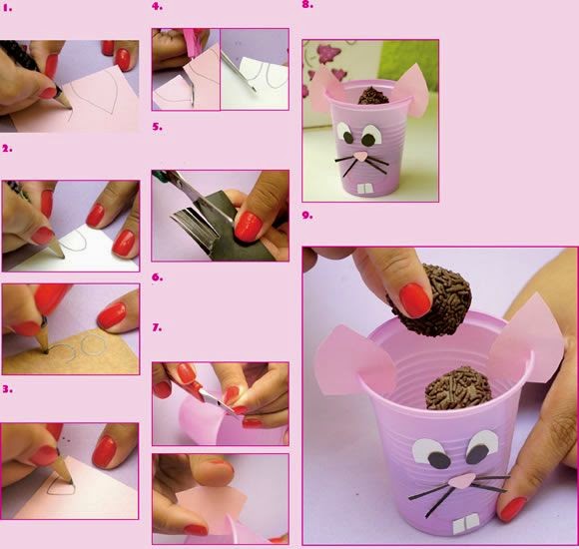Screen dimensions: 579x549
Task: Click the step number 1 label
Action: click(7, 8)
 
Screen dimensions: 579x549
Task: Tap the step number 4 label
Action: click(157, 6)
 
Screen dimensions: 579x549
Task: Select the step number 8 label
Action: click(307, 5)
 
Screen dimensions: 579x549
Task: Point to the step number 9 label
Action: click(307, 215)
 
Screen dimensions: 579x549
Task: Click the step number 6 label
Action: click(157, 276)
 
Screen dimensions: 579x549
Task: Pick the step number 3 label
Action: click(7, 388)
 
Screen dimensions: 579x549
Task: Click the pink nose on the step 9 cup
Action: click(461, 480)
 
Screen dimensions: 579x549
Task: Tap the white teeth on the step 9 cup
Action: click(465, 525)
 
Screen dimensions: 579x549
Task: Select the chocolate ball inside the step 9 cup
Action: click(458, 389)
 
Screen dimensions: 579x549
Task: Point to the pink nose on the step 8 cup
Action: click(360, 157)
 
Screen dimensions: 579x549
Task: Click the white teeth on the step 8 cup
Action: click(364, 189)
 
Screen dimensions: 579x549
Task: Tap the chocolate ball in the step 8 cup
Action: click(373, 96)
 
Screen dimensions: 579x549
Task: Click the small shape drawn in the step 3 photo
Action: click(61, 487)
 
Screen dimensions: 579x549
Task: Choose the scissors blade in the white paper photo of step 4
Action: click(240, 73)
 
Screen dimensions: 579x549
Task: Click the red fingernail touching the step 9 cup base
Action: click(511, 509)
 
